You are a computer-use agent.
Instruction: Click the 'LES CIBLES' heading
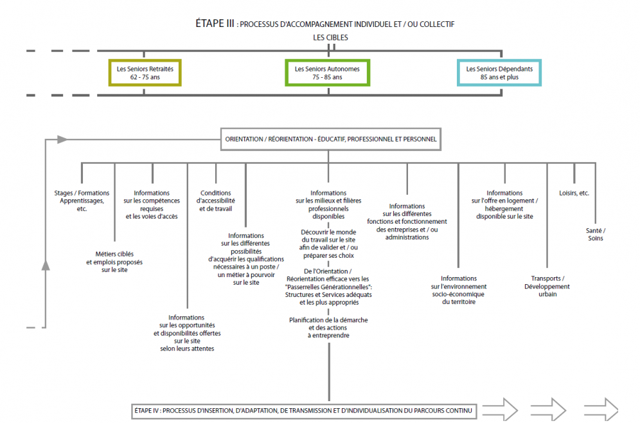point(331,37)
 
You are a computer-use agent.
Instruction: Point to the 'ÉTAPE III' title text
point(215,24)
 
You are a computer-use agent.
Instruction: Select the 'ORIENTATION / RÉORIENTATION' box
point(331,139)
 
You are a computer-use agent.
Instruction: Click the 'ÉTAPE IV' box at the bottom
point(304,411)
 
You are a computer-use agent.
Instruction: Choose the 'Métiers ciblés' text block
point(114,262)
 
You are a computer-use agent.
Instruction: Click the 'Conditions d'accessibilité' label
point(215,201)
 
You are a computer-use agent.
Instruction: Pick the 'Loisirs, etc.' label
point(574,193)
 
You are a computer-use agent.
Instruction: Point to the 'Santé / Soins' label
point(596,235)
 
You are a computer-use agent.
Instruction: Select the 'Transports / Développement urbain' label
point(547,286)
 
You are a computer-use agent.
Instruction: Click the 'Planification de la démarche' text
point(328,327)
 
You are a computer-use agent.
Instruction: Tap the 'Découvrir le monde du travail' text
point(328,244)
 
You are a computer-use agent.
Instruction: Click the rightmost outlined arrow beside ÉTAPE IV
point(601,410)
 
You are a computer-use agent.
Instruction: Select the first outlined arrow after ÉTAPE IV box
point(500,410)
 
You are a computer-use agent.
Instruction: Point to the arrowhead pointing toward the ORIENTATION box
point(62,139)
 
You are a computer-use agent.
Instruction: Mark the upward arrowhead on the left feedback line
point(46,265)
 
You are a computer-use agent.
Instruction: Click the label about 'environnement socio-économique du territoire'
point(458,290)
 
